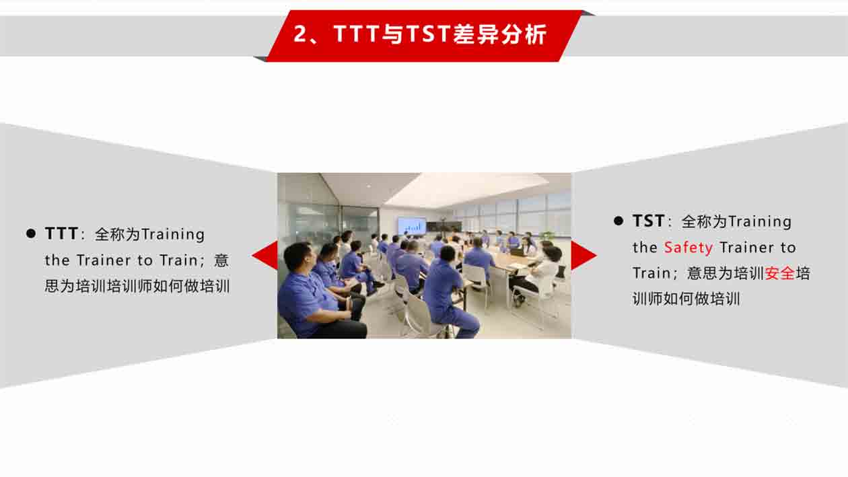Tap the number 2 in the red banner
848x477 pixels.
coord(300,34)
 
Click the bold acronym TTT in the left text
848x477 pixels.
coord(61,233)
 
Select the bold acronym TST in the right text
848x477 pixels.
coord(649,221)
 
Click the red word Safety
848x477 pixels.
coord(688,248)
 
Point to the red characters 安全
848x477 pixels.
coord(779,273)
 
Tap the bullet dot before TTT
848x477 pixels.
coord(31,233)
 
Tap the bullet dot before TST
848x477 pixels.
coord(619,221)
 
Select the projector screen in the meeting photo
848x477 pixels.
coord(411,225)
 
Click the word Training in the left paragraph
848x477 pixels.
coord(172,235)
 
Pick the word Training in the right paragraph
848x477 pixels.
coord(760,222)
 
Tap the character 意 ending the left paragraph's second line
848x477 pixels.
coord(221,260)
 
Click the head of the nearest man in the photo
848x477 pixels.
coord(299,256)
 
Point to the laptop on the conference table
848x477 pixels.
coord(518,252)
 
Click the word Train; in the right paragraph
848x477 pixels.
coord(655,273)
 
